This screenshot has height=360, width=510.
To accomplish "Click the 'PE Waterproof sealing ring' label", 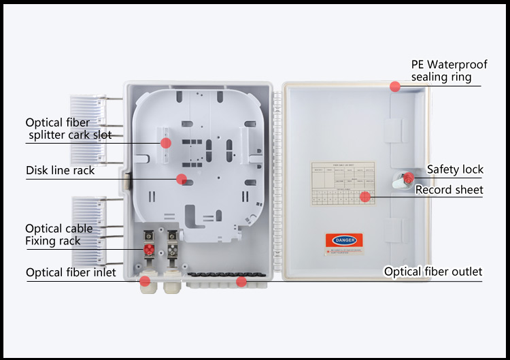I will pyautogui.click(x=449, y=70).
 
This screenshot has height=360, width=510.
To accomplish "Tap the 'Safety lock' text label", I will pyautogui.click(x=455, y=169).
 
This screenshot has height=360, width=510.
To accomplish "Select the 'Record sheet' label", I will pyautogui.click(x=449, y=190).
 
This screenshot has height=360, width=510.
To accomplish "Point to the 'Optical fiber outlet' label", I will pyautogui.click(x=433, y=272).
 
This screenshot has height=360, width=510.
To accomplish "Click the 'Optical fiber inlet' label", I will pyautogui.click(x=71, y=273).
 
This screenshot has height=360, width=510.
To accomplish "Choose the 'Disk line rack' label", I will pyautogui.click(x=61, y=170).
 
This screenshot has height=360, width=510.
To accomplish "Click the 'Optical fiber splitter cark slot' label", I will pyautogui.click(x=69, y=129).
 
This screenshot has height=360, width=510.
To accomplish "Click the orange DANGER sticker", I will pyautogui.click(x=344, y=240).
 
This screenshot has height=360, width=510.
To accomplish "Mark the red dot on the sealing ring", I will pyautogui.click(x=394, y=86).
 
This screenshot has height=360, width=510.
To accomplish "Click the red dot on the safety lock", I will pyautogui.click(x=408, y=178).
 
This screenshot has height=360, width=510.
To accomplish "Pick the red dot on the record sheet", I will pyautogui.click(x=365, y=197).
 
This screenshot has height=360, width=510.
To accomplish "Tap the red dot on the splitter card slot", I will pyautogui.click(x=165, y=142).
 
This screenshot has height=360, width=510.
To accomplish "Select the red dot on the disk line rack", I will pyautogui.click(x=181, y=179).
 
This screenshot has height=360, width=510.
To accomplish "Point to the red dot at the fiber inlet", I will pyautogui.click(x=145, y=280).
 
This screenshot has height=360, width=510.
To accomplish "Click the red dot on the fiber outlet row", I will pyautogui.click(x=241, y=280).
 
